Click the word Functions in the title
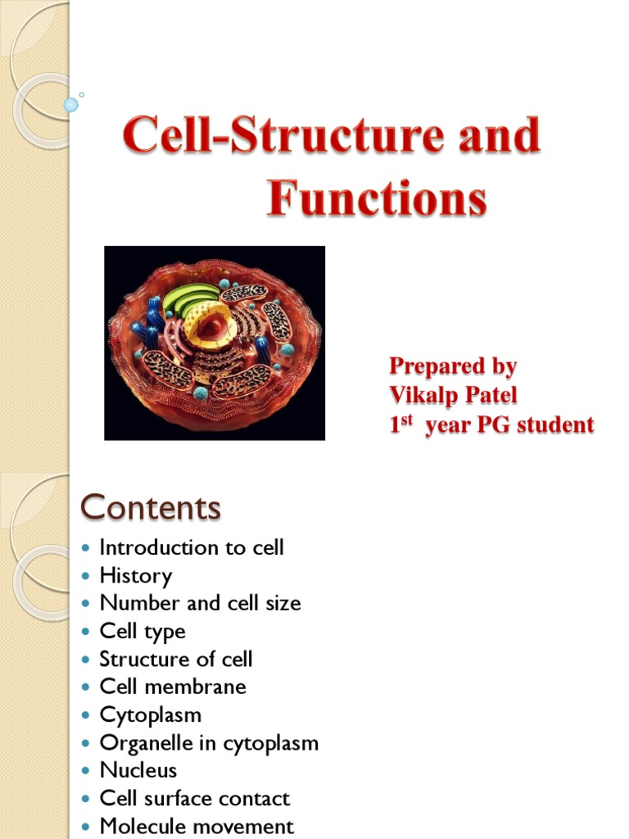376,199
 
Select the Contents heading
150,508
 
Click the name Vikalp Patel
453,396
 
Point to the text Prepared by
453,366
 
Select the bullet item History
135,576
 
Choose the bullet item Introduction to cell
191,548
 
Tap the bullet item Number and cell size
200,604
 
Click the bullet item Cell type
142,632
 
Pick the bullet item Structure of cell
175,660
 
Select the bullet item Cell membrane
172,687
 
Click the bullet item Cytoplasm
150,715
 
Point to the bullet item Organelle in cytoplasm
208,743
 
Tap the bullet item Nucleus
138,771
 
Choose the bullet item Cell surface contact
194,799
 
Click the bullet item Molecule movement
196,827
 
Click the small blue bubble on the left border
71,104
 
